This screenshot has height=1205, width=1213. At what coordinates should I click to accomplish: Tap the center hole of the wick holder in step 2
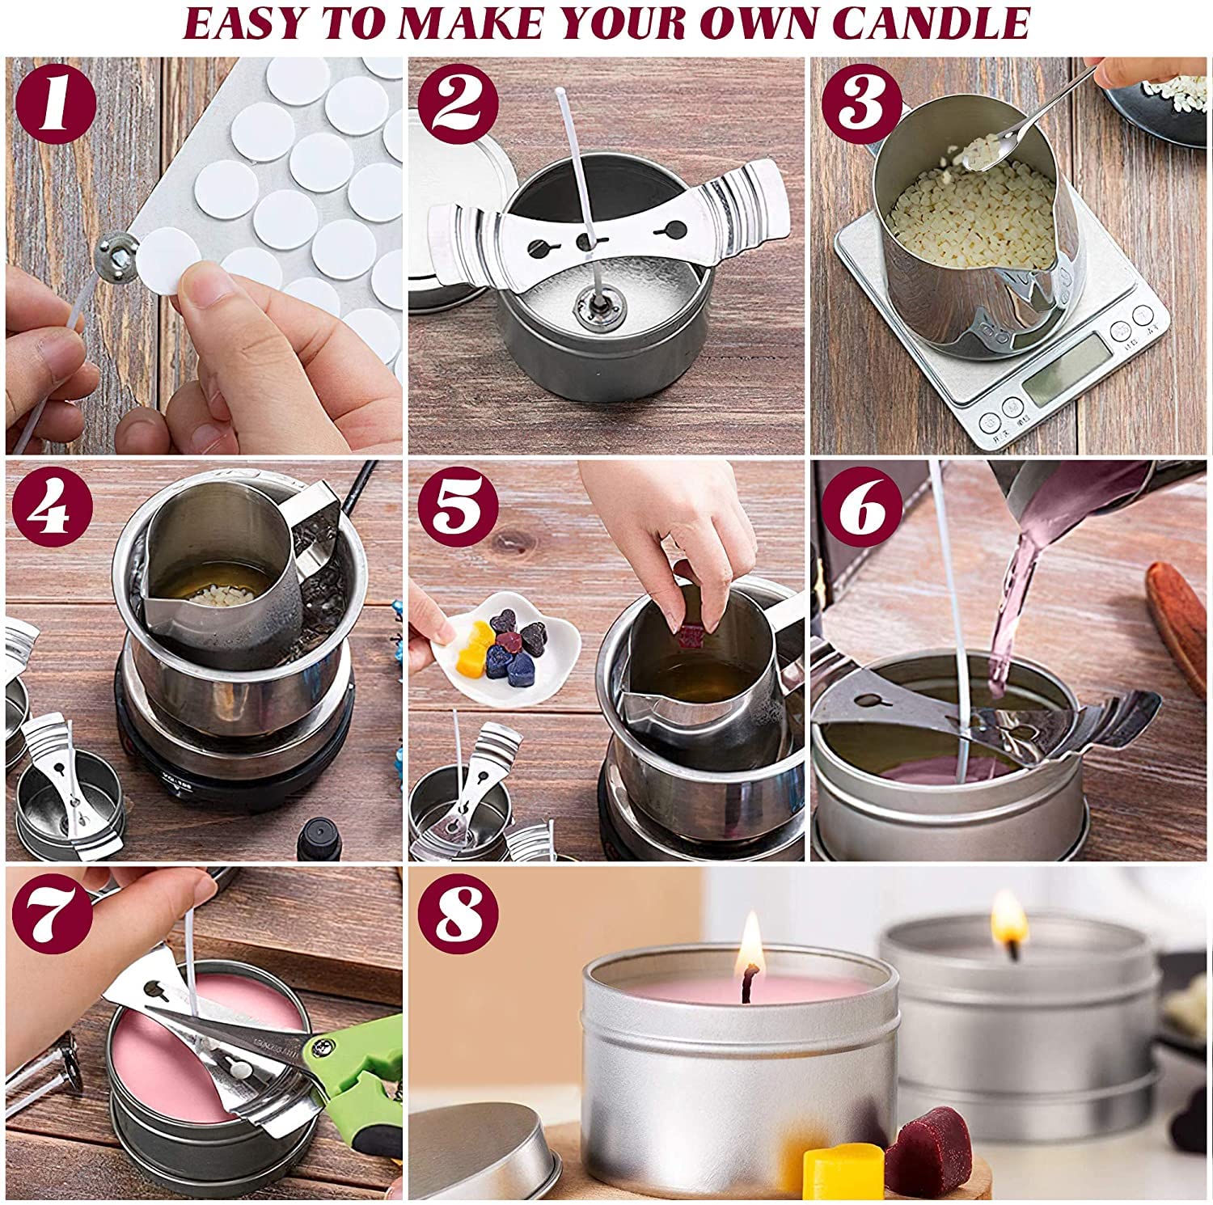[x=584, y=241]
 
